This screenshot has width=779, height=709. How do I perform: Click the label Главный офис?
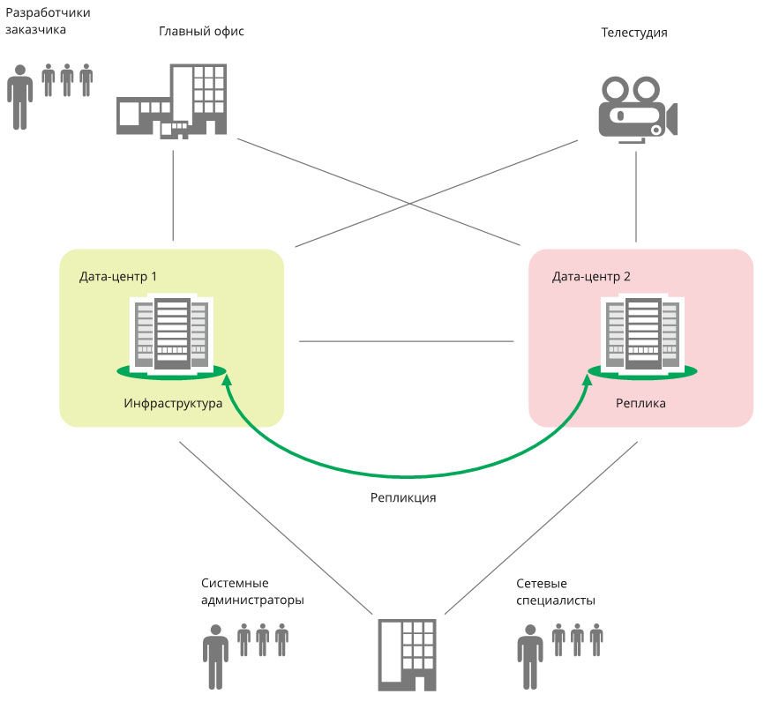201,32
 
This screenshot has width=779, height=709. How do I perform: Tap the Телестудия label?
633,33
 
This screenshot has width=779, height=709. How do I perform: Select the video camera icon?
636,108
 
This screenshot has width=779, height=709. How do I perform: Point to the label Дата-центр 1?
118,276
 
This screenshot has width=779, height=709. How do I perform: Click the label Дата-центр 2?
591,276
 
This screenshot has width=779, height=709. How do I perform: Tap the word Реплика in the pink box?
640,404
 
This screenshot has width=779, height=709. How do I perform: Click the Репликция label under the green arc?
403,497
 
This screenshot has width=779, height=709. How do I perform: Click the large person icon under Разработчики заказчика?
20,97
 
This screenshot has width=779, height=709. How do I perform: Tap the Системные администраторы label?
252,592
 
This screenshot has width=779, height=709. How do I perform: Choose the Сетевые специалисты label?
556,592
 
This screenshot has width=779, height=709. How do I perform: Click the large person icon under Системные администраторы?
215,656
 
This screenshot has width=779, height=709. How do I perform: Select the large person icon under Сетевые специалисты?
529,656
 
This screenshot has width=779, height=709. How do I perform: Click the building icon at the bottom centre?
407,653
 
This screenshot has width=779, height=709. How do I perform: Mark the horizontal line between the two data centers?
406,340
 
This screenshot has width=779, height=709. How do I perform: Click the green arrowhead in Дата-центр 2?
589,381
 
